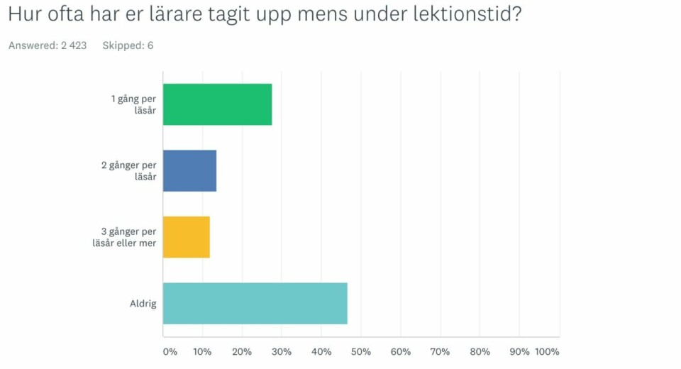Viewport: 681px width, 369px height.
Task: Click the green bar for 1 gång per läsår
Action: [217, 104]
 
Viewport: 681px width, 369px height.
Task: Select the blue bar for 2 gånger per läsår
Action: [189, 171]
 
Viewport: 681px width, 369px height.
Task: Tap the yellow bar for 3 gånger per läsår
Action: [187, 237]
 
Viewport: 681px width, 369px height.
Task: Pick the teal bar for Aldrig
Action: [255, 304]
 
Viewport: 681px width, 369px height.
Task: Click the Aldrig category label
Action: [143, 304]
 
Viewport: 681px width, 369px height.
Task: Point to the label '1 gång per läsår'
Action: [133, 104]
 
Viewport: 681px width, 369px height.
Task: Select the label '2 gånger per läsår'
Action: [129, 171]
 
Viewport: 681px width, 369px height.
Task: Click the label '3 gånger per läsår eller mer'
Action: [128, 237]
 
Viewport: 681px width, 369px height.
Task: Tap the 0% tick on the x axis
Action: [170, 352]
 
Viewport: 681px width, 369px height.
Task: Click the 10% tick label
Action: [203, 352]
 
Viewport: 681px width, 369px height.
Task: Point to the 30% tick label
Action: [282, 352]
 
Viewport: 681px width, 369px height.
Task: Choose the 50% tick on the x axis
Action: [361, 352]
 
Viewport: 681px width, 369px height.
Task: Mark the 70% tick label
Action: [441, 352]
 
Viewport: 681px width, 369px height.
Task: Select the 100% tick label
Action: [547, 352]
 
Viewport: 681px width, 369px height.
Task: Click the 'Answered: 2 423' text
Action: [48, 45]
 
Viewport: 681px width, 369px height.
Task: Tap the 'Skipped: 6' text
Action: [128, 45]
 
